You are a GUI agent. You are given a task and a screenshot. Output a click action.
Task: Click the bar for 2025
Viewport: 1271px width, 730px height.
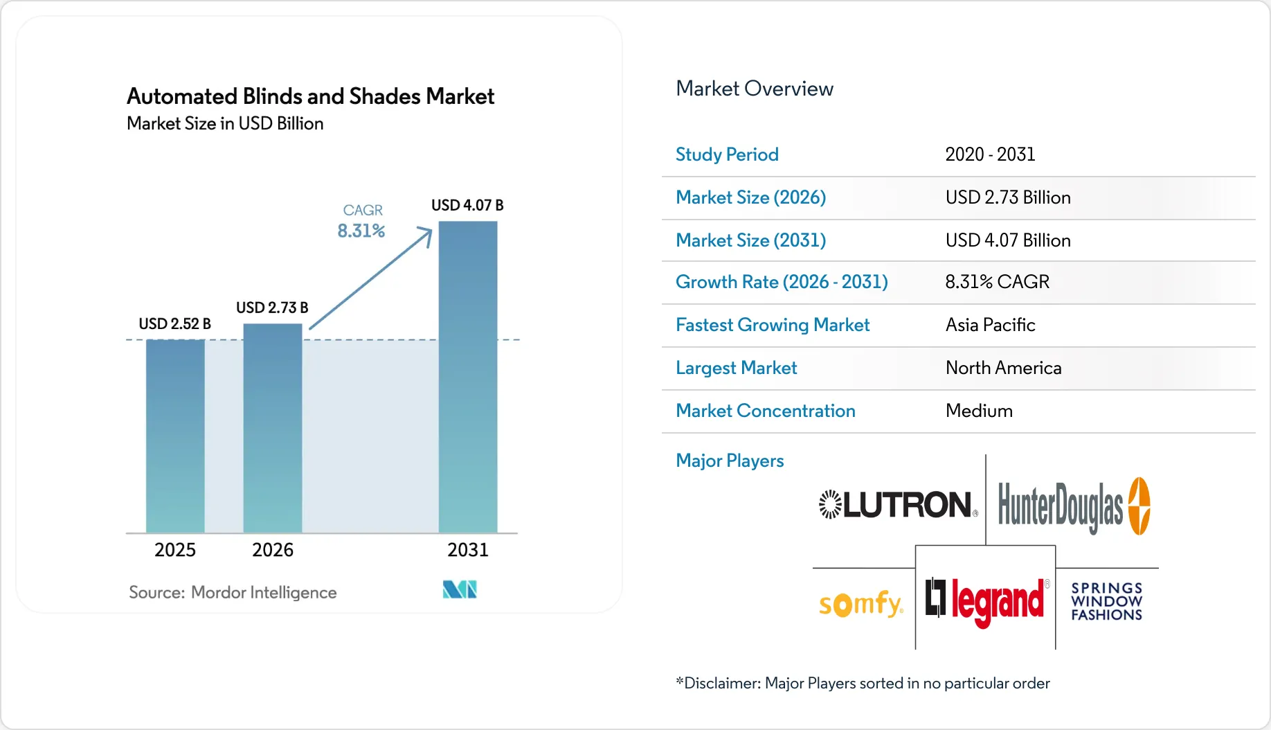[175, 436]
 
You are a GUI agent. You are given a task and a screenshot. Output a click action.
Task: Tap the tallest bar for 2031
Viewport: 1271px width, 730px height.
[468, 377]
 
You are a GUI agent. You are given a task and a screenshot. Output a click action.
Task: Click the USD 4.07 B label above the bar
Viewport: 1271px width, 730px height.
[467, 206]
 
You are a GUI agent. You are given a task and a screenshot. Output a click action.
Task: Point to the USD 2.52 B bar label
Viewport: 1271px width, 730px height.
[174, 324]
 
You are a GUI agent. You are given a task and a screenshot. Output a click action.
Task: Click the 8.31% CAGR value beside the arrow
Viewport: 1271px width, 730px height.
[361, 231]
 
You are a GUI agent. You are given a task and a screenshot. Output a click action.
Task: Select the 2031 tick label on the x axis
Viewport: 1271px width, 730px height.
[468, 550]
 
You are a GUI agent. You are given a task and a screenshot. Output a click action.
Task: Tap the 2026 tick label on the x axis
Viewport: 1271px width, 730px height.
[273, 550]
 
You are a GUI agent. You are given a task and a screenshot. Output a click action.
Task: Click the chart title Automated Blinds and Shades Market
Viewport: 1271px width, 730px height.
[310, 96]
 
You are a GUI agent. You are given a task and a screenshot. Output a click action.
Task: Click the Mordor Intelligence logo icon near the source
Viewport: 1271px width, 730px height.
[460, 589]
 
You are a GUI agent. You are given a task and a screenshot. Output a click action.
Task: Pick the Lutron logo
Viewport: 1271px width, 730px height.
[898, 505]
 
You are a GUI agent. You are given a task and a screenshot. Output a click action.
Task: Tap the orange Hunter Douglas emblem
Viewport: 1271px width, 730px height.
[1139, 506]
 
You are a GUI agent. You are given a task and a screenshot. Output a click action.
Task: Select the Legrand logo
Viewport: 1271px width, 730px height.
[986, 600]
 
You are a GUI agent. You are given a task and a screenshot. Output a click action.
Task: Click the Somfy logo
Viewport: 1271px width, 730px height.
[860, 604]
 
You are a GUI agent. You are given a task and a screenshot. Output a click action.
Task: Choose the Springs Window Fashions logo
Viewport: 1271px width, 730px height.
[1106, 601]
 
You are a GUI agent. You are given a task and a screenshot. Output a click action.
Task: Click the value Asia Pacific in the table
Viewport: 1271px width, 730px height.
[990, 326]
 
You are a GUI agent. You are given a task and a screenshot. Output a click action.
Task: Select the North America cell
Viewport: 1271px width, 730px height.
[1003, 368]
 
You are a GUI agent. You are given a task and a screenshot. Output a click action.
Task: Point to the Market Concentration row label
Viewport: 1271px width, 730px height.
[765, 411]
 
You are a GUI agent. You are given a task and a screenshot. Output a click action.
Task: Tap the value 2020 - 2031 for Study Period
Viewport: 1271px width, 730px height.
[990, 154]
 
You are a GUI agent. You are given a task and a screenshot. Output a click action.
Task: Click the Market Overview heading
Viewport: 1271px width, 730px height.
[754, 89]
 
